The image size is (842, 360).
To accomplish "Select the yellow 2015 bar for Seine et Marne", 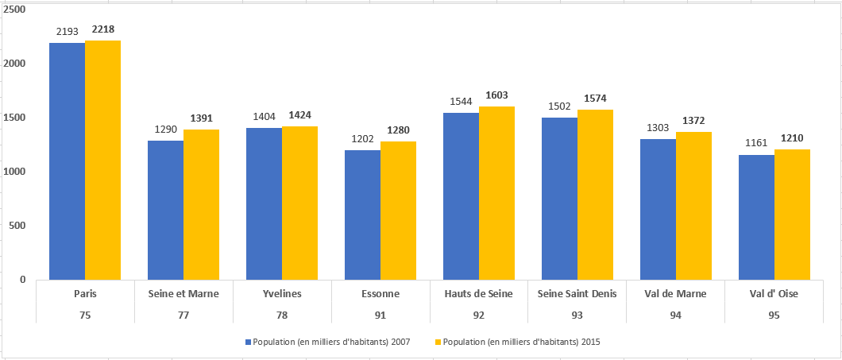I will [201, 204].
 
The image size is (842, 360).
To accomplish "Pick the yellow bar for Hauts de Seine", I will [496, 193].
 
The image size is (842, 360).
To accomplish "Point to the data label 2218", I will [102, 29].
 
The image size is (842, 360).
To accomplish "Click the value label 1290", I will [165, 130].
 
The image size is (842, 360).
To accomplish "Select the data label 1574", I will [595, 99].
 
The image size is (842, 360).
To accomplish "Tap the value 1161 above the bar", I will [756, 144].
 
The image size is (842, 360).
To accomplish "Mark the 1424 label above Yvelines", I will [299, 115].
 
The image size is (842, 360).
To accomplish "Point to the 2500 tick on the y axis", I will [15, 10].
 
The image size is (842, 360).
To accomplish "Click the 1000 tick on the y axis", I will [15, 172].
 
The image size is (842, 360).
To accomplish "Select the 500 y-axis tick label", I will [17, 226].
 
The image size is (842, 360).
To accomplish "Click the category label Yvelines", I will [282, 293].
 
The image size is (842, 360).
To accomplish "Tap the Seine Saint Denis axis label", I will [577, 293].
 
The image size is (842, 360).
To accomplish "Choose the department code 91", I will [380, 315].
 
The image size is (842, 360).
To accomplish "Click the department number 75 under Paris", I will [85, 315].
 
